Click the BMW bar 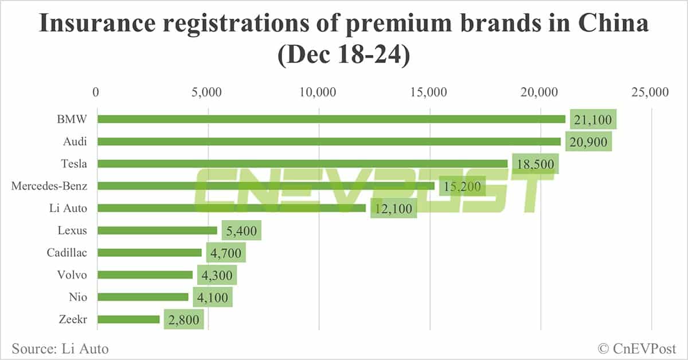click(x=331, y=119)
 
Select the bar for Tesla click(x=303, y=163)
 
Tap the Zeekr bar click(x=128, y=319)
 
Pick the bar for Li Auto click(x=232, y=208)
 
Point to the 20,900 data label click(x=588, y=141)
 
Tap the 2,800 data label click(x=183, y=320)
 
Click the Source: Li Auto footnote click(x=60, y=348)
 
